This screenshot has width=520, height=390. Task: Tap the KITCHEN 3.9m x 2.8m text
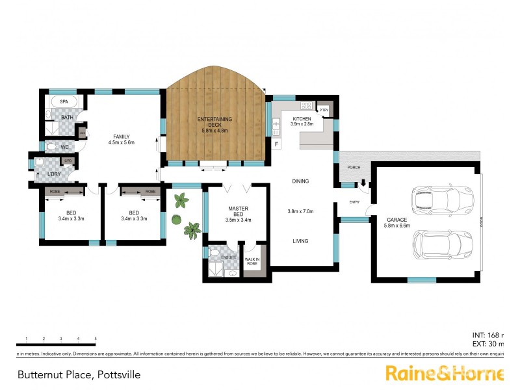(303, 121)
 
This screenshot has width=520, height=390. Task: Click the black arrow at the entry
(363, 186)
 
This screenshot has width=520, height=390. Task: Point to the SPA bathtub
(64, 102)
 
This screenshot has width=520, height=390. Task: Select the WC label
(65, 147)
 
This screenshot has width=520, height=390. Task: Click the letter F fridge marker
(276, 143)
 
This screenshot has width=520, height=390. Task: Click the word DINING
(300, 181)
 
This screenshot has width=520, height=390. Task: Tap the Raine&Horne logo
(444, 373)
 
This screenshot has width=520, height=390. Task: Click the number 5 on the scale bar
(96, 339)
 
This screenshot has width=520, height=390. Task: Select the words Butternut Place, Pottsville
(79, 375)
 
